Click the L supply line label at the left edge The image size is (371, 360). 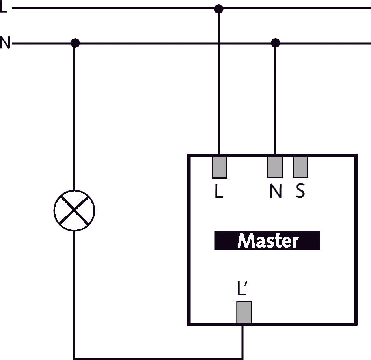coord(3,7)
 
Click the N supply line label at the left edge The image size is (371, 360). coord(5,43)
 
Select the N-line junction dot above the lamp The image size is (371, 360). coord(75,43)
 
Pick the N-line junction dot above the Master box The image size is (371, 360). coord(275,42)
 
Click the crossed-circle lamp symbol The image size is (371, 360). coord(74,211)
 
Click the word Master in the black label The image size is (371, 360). coord(267,241)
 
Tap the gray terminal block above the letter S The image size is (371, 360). coord(300,167)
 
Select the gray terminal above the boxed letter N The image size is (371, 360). coord(275,167)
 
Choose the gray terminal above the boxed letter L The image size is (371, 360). coord(219,167)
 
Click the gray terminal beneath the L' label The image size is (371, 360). coord(244,313)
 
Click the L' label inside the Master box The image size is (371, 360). coord(242,289)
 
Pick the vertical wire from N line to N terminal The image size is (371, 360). coord(275,99)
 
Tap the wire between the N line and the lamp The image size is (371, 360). coord(75,118)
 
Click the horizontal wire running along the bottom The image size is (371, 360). coord(158,358)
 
